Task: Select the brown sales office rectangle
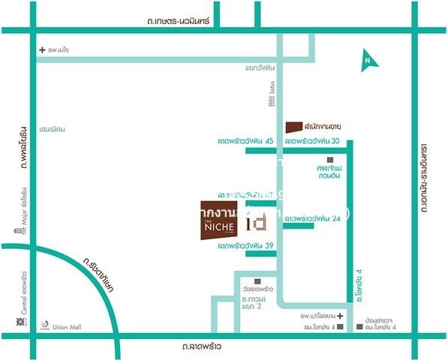click(293, 126)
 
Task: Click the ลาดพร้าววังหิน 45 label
click(245, 141)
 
